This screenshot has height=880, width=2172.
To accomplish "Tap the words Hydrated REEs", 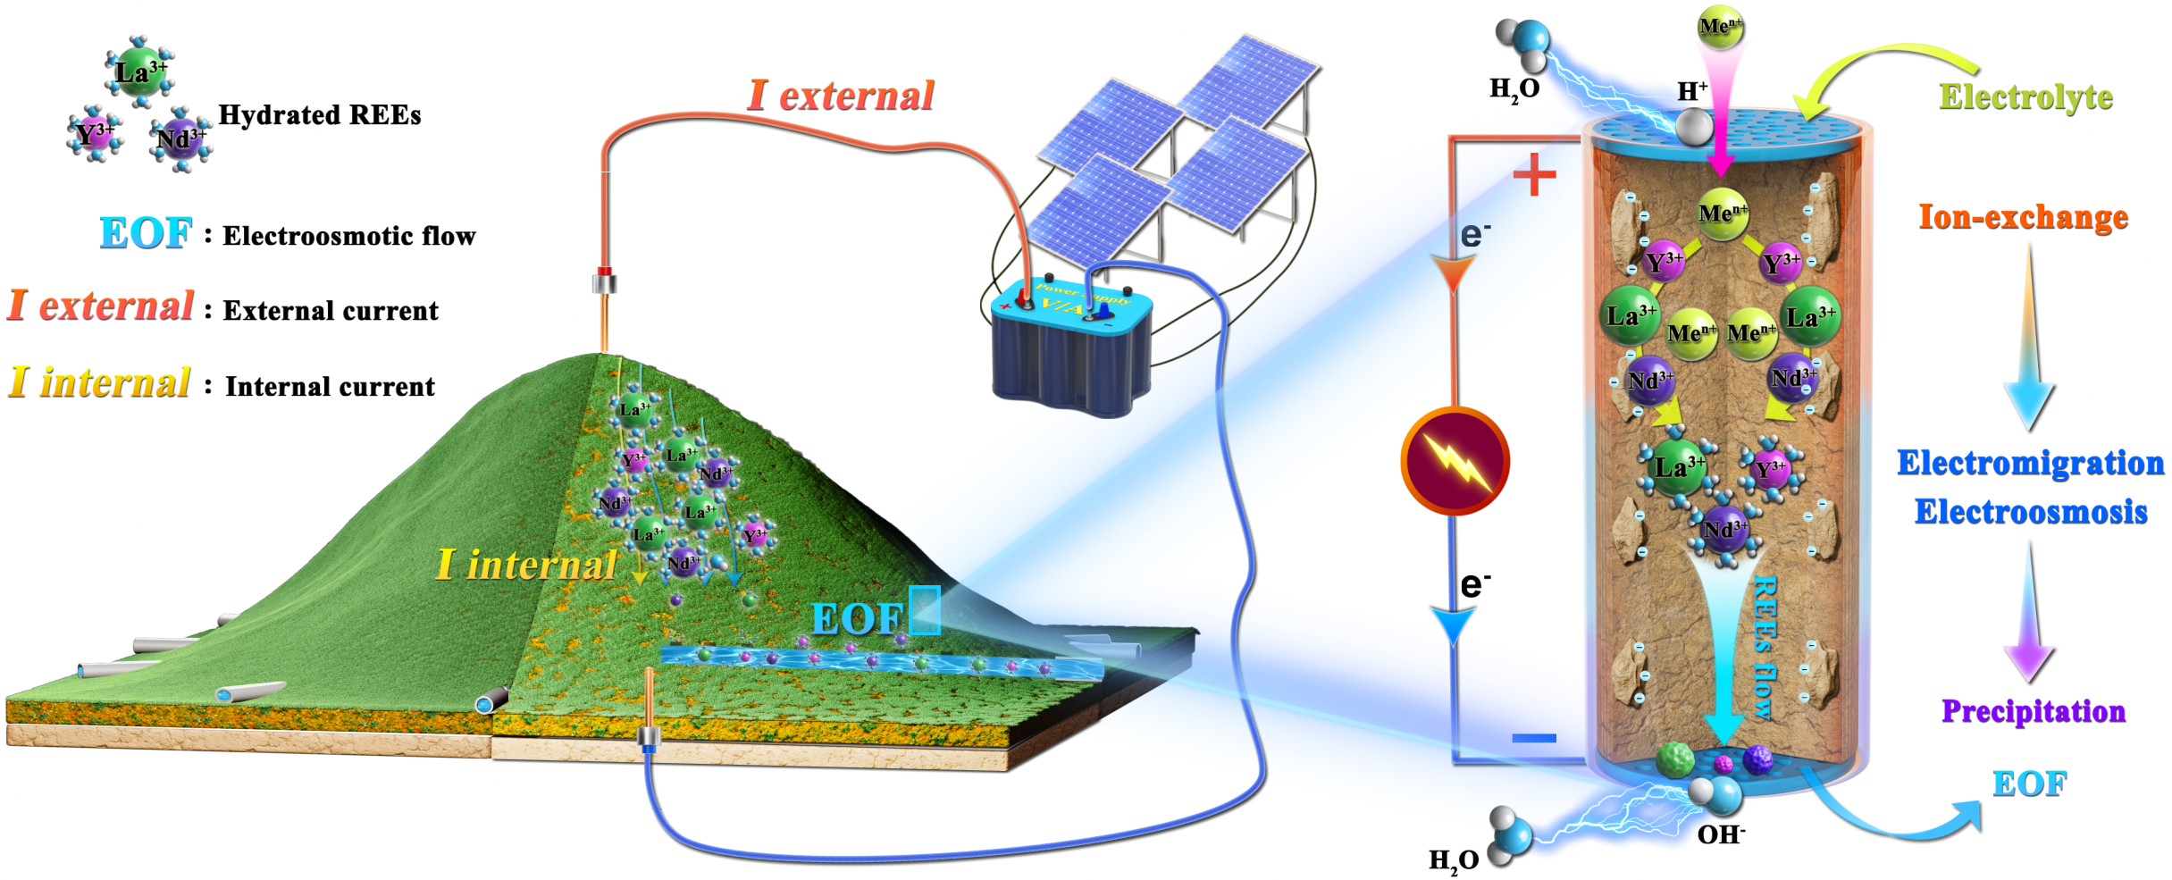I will [x=319, y=115].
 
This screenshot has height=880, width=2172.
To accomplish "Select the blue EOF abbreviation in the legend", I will [x=146, y=233].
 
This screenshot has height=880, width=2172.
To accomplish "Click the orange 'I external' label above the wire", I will [x=841, y=96].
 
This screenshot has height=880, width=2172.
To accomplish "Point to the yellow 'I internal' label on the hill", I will [x=525, y=565].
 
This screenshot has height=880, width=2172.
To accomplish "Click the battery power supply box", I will [x=1071, y=348].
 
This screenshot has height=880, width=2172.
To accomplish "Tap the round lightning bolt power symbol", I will [x=1455, y=461].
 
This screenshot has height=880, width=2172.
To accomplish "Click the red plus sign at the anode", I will [x=1534, y=174].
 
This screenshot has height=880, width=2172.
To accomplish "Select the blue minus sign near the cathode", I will [x=1534, y=738].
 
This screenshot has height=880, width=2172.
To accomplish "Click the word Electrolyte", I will [x=2025, y=96].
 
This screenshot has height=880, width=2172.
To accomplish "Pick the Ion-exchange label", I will [x=2023, y=217].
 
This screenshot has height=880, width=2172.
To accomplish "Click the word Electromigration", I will [x=2030, y=463].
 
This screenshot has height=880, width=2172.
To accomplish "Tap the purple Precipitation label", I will [x=2033, y=711].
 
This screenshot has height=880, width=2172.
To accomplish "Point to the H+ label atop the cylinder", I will [x=1692, y=91].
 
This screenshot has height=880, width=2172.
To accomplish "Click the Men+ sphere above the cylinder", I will [x=1720, y=27].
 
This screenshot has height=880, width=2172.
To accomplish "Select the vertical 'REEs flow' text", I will [x=1763, y=648].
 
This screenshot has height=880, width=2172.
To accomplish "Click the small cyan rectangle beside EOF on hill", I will [x=924, y=609].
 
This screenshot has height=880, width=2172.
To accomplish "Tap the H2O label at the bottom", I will [x=1454, y=860].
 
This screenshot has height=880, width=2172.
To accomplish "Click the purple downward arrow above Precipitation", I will [x=2030, y=616].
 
